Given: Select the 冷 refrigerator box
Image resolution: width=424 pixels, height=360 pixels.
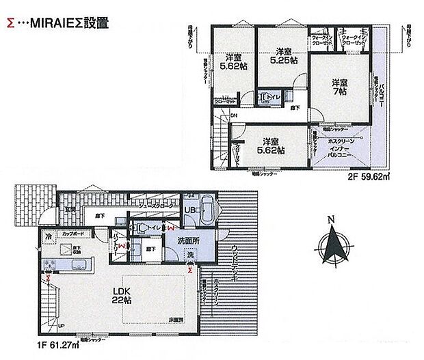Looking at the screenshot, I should tap(49, 237).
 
